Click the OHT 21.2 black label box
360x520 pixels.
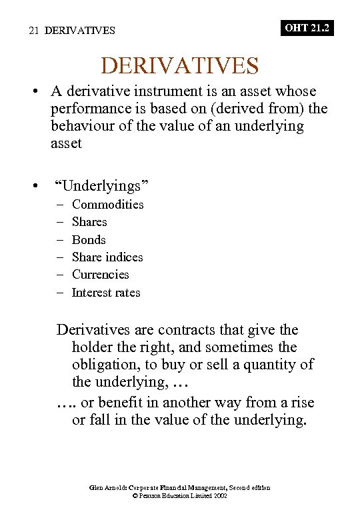307,28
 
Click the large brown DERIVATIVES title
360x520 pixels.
179,65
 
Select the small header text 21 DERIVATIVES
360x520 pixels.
72,31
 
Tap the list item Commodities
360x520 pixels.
107,205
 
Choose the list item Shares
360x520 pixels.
89,222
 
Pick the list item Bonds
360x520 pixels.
89,240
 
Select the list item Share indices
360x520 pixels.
107,257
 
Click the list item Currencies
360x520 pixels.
101,275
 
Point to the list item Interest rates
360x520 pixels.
106,293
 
